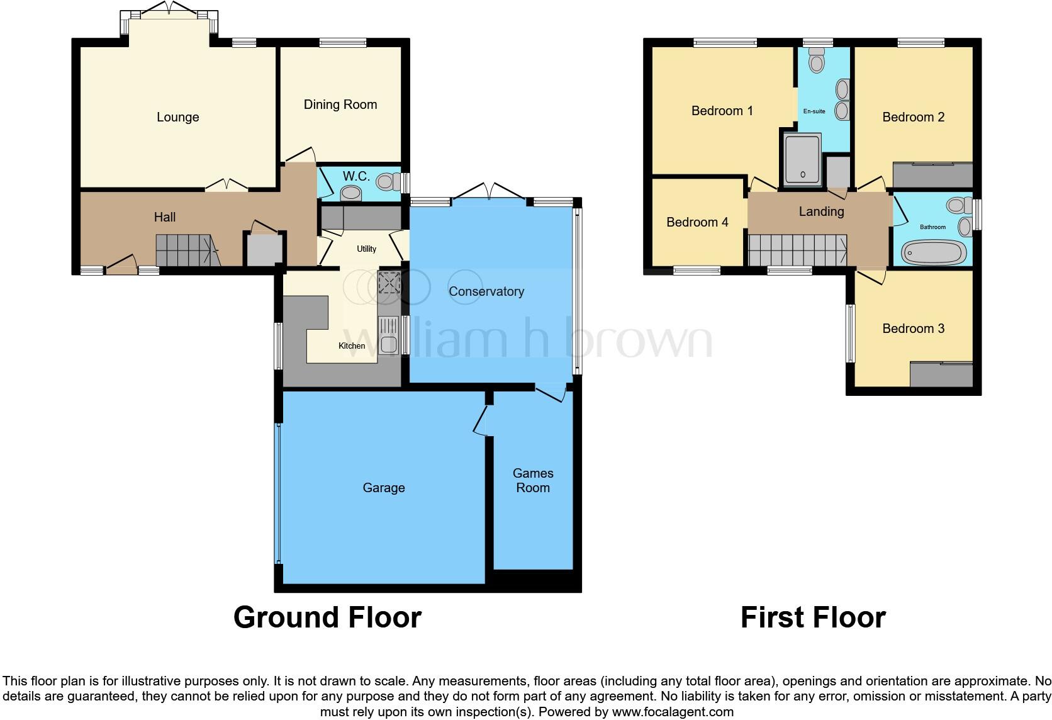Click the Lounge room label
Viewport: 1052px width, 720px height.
click(177, 117)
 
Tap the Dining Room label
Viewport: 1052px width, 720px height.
click(340, 104)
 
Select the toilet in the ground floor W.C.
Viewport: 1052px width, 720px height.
click(386, 183)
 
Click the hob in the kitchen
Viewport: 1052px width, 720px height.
click(389, 283)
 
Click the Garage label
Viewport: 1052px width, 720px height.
click(383, 488)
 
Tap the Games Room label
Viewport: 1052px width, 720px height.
click(533, 480)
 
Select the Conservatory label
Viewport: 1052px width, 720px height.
click(486, 291)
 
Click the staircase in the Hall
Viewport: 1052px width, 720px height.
click(184, 250)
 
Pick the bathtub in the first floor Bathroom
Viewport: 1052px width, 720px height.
click(934, 253)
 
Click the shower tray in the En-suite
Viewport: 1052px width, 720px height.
click(802, 160)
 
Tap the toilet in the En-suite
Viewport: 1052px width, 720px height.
click(817, 62)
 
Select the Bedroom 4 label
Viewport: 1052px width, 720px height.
click(697, 222)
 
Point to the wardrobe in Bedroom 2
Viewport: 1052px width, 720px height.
click(932, 175)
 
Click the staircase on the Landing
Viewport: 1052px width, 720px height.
click(796, 250)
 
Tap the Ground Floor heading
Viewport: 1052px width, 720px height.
click(327, 617)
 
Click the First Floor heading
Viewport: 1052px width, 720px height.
click(813, 617)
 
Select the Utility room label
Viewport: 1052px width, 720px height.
click(366, 249)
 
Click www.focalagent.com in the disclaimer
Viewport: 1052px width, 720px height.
click(673, 712)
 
